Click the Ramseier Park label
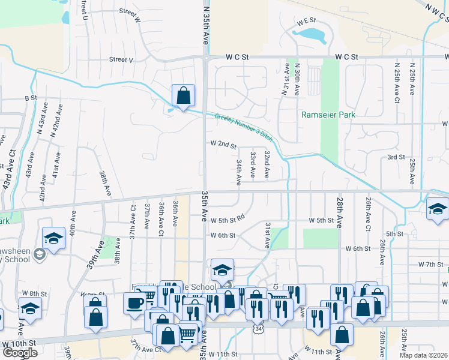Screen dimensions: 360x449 coord(328,115)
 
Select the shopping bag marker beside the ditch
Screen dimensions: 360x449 coord(183,95)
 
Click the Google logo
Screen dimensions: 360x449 coord(20,353)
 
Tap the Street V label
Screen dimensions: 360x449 coord(121,59)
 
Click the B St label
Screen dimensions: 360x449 coord(31,97)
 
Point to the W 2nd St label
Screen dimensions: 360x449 coord(223,145)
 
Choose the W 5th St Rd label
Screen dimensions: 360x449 coord(228,220)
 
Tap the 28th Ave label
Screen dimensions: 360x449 coord(340,211)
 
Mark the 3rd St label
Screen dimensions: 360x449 coord(396,157)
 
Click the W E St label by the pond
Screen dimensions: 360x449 coord(306,20)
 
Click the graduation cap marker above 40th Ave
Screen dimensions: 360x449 coord(53,238)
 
